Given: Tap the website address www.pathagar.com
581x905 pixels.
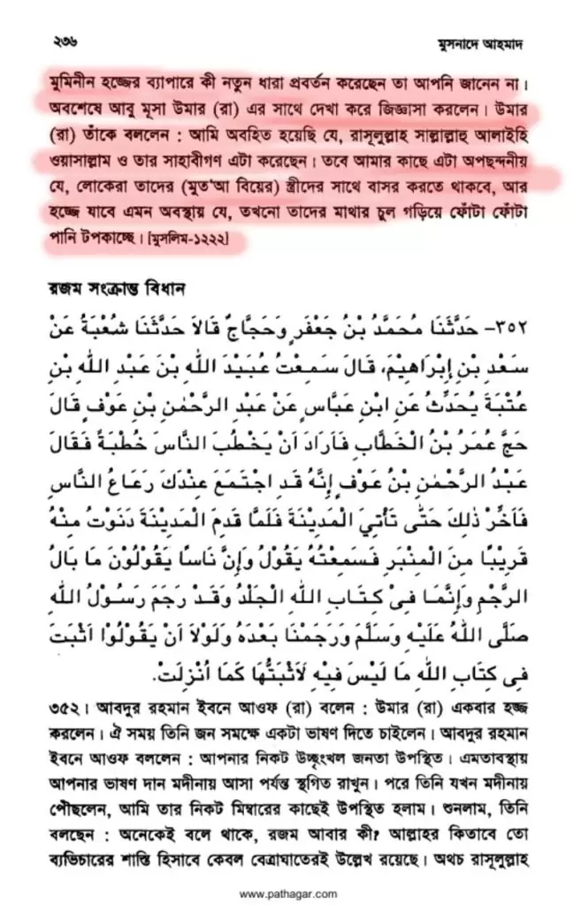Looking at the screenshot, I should [289, 891].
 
